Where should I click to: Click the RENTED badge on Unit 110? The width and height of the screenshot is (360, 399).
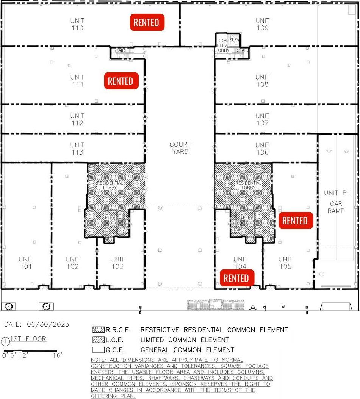pyautogui.click(x=147, y=22)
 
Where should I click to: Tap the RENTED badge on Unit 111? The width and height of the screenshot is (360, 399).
pyautogui.click(x=121, y=81)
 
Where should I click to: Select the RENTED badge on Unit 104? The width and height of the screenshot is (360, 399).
pyautogui.click(x=236, y=278)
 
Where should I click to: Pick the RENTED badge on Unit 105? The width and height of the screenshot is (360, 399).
pyautogui.click(x=296, y=221)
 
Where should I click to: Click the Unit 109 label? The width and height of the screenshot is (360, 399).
pyautogui.click(x=262, y=24)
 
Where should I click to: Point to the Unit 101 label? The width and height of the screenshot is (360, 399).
pyautogui.click(x=26, y=263)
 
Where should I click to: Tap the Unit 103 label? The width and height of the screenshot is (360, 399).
pyautogui.click(x=117, y=263)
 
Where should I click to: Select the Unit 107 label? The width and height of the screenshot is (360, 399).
pyautogui.click(x=262, y=119)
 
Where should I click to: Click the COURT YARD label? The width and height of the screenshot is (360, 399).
pyautogui.click(x=180, y=148)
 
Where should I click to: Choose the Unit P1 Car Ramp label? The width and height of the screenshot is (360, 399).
pyautogui.click(x=336, y=202)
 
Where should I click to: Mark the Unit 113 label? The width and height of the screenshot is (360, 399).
pyautogui.click(x=77, y=149)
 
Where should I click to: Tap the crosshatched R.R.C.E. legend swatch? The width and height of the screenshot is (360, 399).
pyautogui.click(x=99, y=330)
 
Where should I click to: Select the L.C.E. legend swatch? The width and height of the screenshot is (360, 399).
pyautogui.click(x=99, y=340)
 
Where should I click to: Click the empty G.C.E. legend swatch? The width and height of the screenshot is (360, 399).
pyautogui.click(x=99, y=350)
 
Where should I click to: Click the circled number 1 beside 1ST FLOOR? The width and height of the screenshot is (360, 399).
pyautogui.click(x=6, y=341)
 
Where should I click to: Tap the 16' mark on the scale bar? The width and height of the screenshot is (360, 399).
pyautogui.click(x=58, y=355)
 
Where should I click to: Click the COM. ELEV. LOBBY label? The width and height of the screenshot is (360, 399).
pyautogui.click(x=222, y=45)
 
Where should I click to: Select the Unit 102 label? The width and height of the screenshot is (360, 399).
pyautogui.click(x=72, y=263)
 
